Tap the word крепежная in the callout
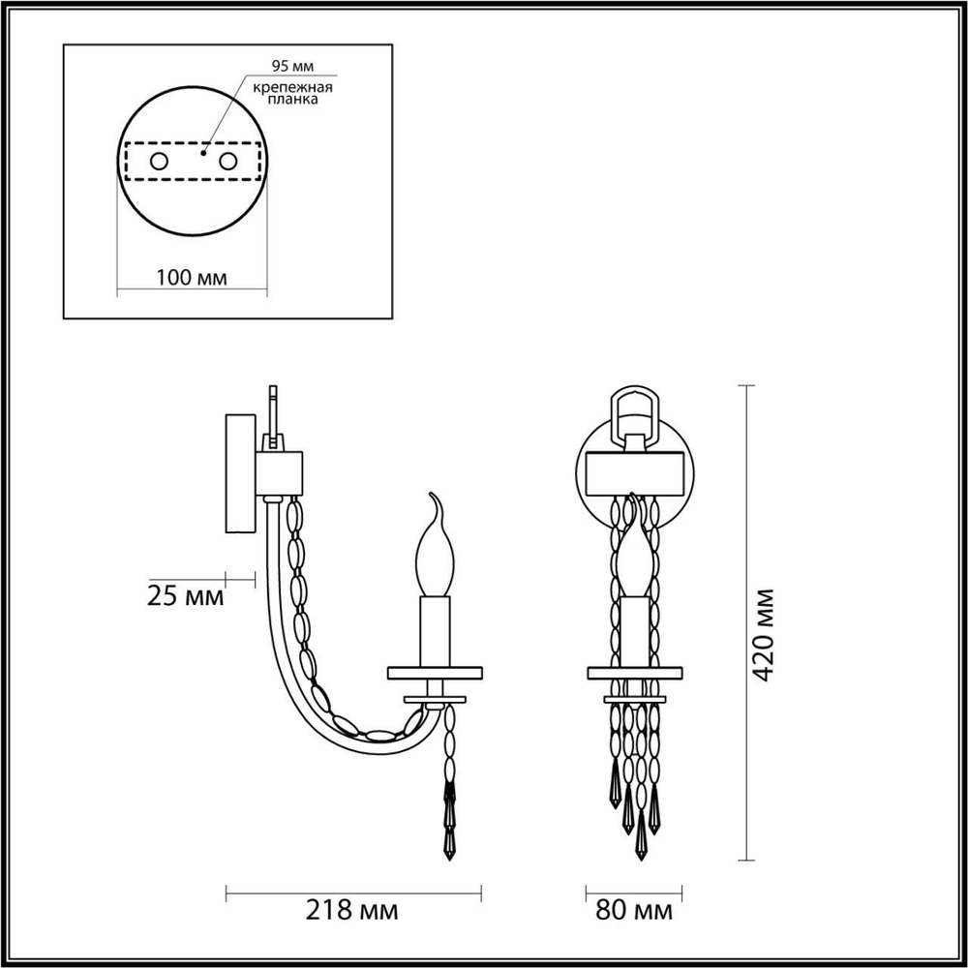pos(293,87)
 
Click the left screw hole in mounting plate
pos(157,162)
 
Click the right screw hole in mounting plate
pos(228,162)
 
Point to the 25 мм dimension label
pos(186,593)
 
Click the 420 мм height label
pos(766,634)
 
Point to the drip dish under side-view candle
pos(435,671)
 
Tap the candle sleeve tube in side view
pos(435,629)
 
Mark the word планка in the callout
pos(293,100)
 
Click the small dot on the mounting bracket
pos(203,152)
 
